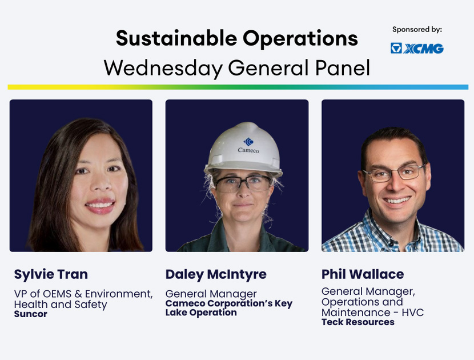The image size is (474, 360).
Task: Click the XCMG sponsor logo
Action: tap(417, 49)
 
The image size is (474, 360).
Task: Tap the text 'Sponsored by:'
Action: tap(417, 30)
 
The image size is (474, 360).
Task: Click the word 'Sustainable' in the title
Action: tap(176, 38)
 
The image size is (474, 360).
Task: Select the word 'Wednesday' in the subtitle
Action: tap(163, 68)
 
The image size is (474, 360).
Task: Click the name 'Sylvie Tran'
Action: tap(51, 274)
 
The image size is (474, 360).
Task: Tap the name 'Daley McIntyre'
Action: tap(216, 274)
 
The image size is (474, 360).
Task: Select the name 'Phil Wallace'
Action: tap(363, 274)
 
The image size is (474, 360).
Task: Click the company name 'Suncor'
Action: tap(30, 314)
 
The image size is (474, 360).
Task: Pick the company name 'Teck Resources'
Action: tap(358, 322)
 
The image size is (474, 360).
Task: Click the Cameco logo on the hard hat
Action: tap(248, 146)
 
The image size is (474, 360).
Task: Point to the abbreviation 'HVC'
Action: tap(413, 312)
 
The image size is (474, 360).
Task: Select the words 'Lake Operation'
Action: tap(200, 313)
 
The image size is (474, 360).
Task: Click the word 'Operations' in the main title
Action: tap(300, 38)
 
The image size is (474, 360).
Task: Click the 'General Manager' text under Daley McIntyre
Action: tap(211, 294)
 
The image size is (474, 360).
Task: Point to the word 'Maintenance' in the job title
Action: tap(356, 312)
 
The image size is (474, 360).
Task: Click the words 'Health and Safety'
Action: tap(61, 305)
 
